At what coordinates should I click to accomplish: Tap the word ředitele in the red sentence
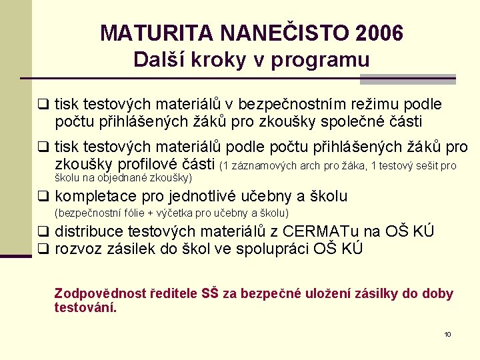177,293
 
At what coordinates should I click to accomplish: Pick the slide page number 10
447,334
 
